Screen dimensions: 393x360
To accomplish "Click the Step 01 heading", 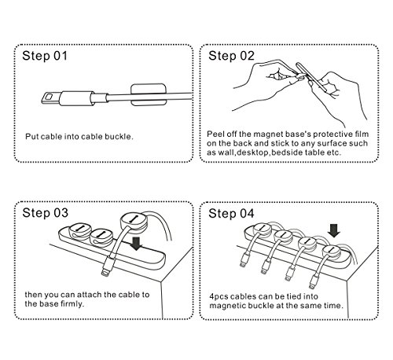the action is coord(45,56).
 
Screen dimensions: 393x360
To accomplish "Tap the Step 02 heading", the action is coord(231,56).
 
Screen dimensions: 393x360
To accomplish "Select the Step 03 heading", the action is coord(46,213).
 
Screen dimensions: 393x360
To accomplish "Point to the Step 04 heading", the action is coord(231,213).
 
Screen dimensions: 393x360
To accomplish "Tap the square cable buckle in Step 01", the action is coord(149,95).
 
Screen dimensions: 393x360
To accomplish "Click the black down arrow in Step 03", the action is coord(136,244).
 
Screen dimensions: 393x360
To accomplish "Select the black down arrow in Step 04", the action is coord(334,230).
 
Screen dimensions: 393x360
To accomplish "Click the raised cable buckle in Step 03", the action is coord(134,222).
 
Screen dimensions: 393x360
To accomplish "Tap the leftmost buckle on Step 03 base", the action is coord(79,231).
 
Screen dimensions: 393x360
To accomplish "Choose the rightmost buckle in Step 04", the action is coord(331,252).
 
